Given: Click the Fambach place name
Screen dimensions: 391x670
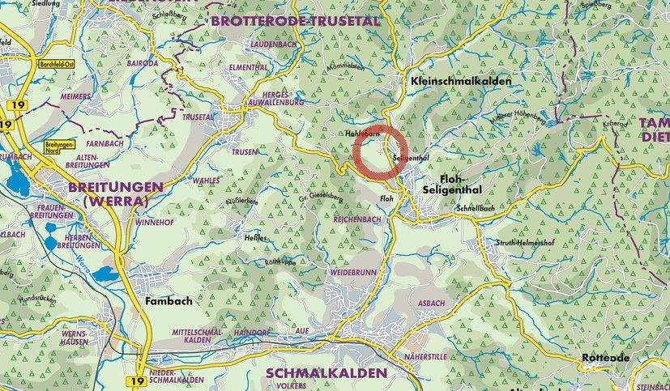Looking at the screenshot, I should coord(168,301).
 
